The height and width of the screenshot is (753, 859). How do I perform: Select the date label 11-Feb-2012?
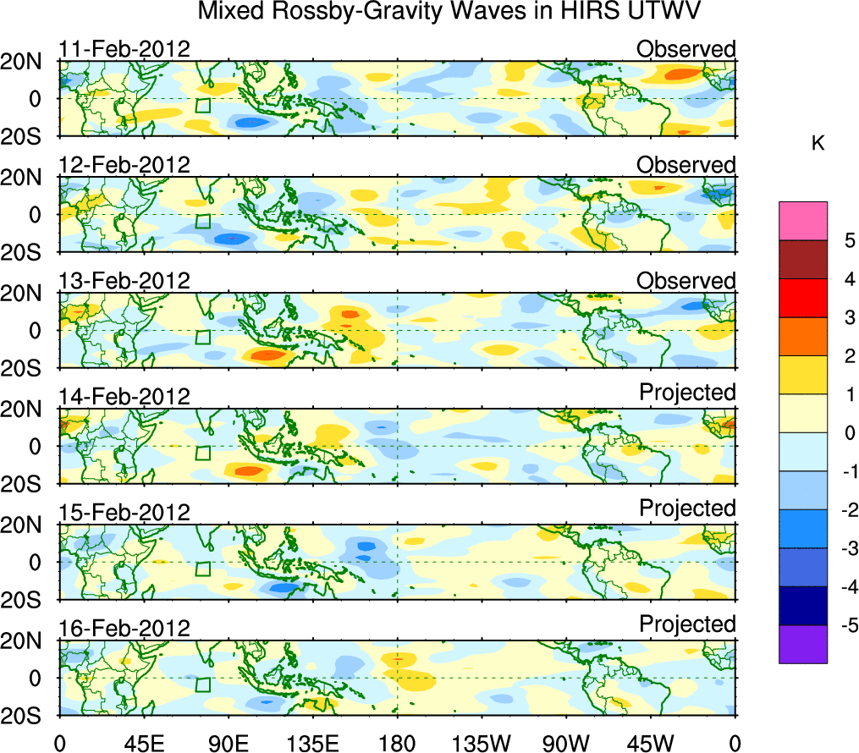click(x=124, y=48)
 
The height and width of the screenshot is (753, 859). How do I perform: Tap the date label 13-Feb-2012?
click(x=124, y=280)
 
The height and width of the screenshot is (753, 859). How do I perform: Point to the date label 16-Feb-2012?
click(x=124, y=628)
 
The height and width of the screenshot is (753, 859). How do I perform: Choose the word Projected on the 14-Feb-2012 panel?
click(x=687, y=393)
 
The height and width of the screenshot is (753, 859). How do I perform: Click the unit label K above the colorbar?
click(x=818, y=143)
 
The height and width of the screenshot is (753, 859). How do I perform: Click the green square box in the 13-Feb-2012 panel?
click(x=202, y=337)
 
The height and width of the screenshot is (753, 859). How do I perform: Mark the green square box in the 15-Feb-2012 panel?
click(x=202, y=569)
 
